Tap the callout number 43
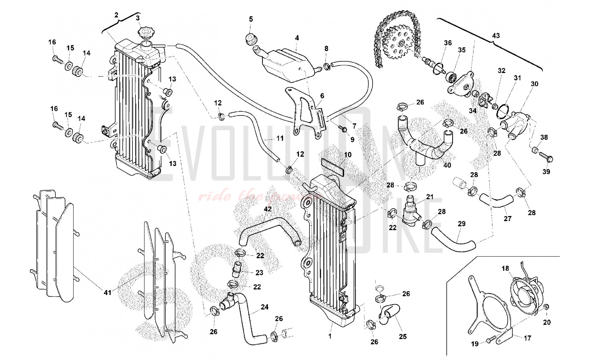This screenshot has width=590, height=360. pos(496,36)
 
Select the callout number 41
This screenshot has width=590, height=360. pos(108,292)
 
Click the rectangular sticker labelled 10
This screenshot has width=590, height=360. pos(332,167)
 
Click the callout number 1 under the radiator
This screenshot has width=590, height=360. pos(330,336)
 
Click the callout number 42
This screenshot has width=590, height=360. pos(268,209)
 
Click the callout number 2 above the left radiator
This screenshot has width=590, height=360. pos(116,15)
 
